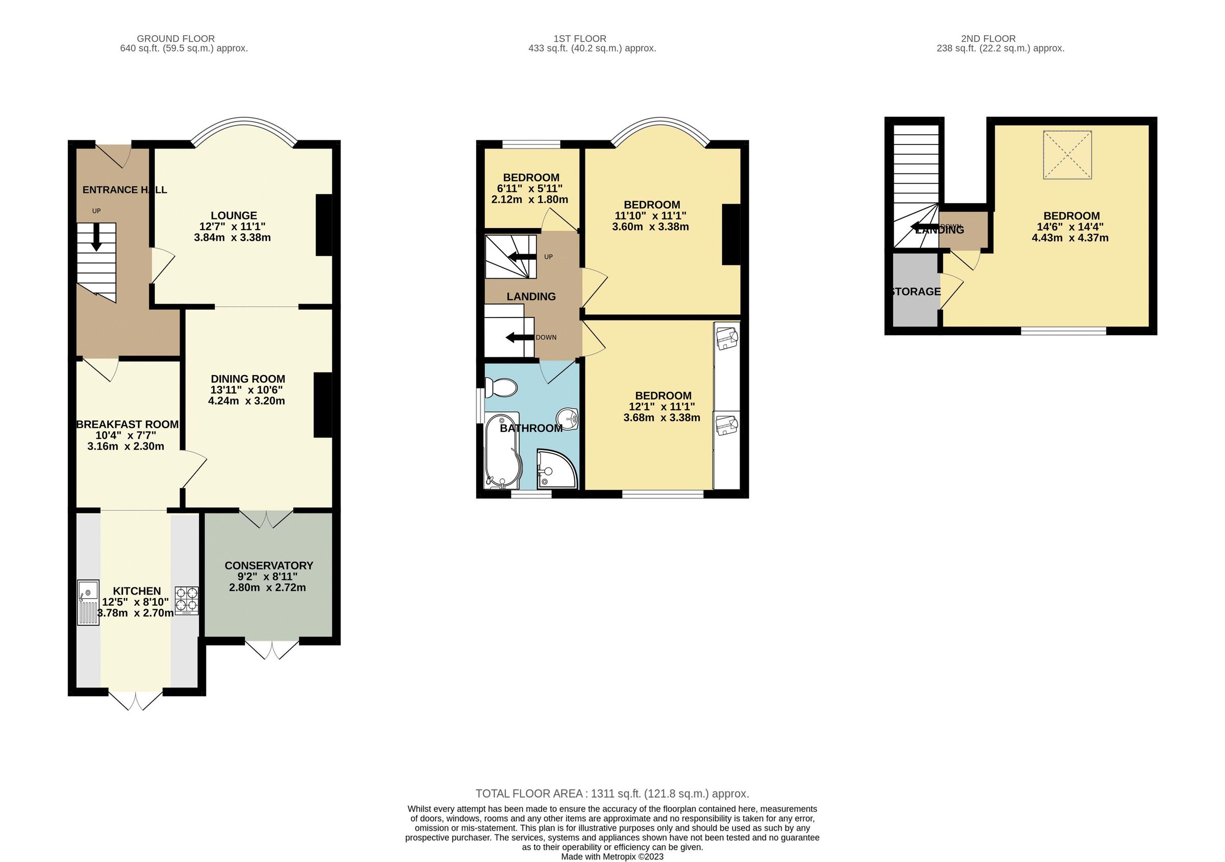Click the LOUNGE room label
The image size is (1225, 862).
coord(234,215)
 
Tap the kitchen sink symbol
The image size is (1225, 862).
coord(88,602)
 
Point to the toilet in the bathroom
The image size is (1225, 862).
coord(500,387)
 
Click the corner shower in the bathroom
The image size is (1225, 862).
coord(556,469)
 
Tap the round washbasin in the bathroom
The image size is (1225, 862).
coord(568,417)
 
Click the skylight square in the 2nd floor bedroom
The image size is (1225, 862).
coord(1067,155)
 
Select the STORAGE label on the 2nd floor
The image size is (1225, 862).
coord(916,291)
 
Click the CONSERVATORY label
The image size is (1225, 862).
coord(268,565)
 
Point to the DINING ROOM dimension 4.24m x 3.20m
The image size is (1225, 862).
coord(247,401)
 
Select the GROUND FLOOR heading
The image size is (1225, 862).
coord(176,38)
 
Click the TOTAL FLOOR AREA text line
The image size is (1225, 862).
coord(612,793)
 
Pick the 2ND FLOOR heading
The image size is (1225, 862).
coord(988,38)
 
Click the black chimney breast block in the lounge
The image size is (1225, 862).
coord(323,225)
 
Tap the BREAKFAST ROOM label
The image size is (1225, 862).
coord(128,424)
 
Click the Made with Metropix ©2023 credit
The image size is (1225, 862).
coord(612,856)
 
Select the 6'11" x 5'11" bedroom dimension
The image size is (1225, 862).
coord(529,188)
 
